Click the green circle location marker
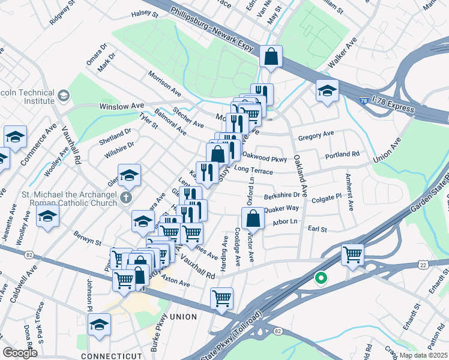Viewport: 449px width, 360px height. pos(321,278)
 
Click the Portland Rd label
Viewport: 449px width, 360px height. pos(342,155)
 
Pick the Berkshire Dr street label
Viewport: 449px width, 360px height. pos(282,196)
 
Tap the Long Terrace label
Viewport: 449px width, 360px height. pos(253,171)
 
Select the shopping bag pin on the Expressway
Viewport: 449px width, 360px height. pos(271,56)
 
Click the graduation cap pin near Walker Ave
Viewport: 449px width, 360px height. pos(327,90)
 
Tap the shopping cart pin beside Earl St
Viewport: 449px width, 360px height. pos(352,254)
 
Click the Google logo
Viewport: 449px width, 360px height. pos(20,353)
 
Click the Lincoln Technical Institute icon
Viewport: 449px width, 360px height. pos(64,95)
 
